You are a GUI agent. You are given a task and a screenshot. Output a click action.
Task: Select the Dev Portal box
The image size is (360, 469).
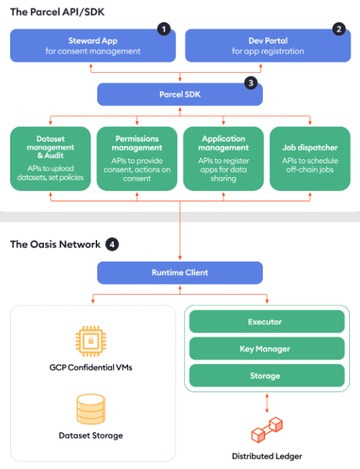[266, 45]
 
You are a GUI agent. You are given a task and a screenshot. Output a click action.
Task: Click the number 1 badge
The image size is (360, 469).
[164, 30]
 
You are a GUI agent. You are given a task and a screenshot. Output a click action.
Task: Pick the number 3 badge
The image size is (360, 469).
[251, 83]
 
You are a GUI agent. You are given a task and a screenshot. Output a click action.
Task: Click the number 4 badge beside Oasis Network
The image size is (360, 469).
[112, 244]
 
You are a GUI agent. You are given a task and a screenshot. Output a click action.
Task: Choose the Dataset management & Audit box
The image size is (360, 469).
[50, 158]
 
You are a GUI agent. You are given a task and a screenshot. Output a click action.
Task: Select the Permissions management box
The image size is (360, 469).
[137, 158]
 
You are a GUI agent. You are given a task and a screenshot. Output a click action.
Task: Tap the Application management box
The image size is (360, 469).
[223, 158]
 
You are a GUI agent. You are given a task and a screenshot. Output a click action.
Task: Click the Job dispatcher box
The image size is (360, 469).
[310, 158]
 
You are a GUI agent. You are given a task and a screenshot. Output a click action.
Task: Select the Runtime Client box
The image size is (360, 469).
[179, 273]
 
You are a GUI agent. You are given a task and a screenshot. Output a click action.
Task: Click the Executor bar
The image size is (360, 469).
[265, 322]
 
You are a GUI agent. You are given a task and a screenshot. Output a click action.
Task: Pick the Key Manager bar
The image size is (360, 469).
[265, 349]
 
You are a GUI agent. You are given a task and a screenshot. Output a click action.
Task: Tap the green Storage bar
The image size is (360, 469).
[265, 375]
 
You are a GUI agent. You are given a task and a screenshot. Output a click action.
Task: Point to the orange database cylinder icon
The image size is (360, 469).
[91, 408]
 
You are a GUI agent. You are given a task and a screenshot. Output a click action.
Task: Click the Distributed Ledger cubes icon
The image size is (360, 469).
[267, 429]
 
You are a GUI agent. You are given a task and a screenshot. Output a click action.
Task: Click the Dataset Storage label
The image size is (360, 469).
[91, 435]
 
